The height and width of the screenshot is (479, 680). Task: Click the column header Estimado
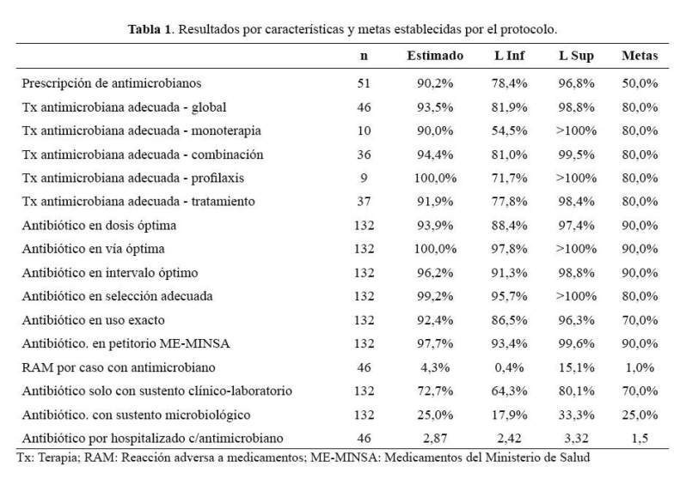click(435, 56)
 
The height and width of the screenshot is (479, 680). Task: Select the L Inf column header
click(509, 56)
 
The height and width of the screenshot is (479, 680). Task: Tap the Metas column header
click(640, 56)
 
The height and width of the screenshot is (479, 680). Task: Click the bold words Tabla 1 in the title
click(150, 29)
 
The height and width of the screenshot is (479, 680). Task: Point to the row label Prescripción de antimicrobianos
click(112, 83)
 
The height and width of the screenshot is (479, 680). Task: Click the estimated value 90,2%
click(435, 83)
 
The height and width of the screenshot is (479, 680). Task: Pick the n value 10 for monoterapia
click(364, 130)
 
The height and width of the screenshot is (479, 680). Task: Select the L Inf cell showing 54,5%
click(509, 130)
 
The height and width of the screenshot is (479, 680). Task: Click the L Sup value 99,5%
click(576, 155)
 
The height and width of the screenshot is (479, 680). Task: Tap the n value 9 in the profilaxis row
click(364, 178)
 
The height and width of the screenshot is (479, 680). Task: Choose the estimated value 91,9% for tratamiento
click(435, 202)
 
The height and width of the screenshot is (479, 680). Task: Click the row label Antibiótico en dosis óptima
click(99, 226)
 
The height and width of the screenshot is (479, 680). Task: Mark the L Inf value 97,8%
click(509, 249)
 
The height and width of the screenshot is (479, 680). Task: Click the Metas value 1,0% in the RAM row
click(640, 367)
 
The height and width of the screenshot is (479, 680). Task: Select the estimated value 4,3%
click(435, 367)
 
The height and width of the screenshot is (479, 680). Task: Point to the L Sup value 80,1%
click(576, 391)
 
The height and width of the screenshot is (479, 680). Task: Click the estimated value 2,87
click(435, 439)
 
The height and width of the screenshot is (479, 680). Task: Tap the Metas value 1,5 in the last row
click(640, 439)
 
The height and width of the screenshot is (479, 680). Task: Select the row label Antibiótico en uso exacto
click(93, 320)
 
